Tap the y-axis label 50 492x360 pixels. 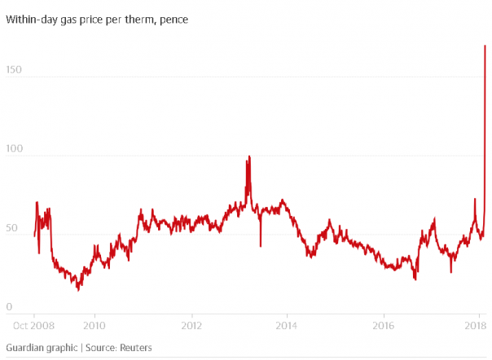11,229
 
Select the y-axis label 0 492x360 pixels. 8,306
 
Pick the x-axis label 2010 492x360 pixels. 94,325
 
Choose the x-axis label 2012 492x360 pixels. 191,325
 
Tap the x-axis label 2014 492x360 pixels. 288,325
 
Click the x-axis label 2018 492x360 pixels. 477,325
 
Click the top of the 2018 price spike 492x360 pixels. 485,46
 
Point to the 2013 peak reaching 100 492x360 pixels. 249,156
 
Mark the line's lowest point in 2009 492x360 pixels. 78,290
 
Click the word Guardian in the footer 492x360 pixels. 27,348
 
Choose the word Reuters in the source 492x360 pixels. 133,348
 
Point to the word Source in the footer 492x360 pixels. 96,348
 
